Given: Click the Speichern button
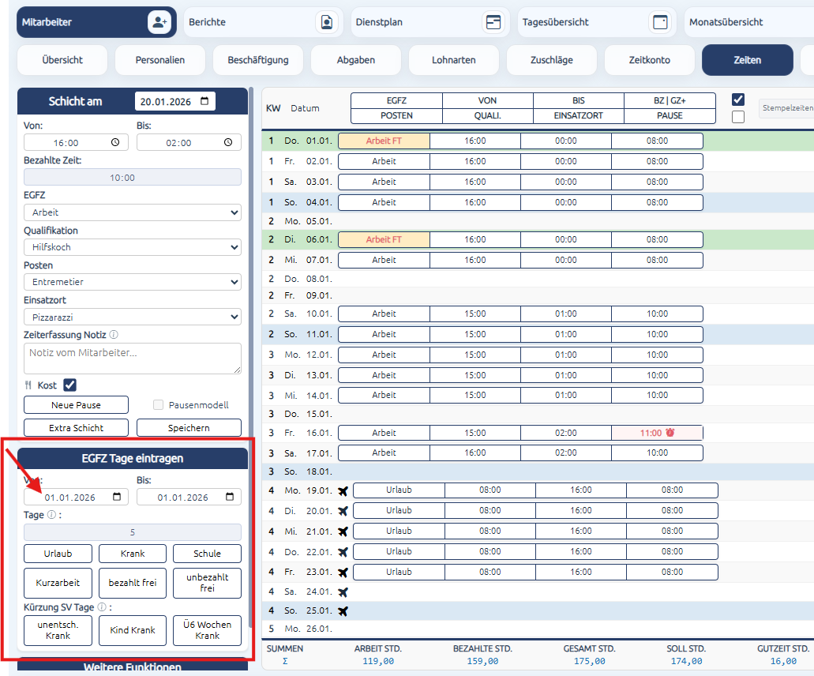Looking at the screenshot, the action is click(x=189, y=428).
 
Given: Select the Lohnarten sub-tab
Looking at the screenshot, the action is click(x=454, y=60).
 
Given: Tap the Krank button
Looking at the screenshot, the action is click(x=133, y=554).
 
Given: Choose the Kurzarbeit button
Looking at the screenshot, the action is click(x=58, y=583).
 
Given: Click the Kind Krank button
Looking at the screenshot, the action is click(x=133, y=630).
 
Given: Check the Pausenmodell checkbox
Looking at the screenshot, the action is click(x=159, y=405).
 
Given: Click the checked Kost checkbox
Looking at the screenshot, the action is click(x=69, y=385).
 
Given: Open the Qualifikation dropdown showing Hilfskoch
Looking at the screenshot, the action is click(x=133, y=247).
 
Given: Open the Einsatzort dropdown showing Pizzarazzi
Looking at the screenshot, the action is click(x=133, y=317).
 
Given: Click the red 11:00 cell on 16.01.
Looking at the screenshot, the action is click(x=657, y=433).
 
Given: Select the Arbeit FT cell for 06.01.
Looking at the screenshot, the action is click(x=384, y=239).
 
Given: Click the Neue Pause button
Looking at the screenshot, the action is click(x=76, y=405).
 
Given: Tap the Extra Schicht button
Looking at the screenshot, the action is click(x=76, y=428).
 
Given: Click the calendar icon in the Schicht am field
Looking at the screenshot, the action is click(x=204, y=101).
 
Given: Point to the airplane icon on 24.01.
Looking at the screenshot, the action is click(x=343, y=591).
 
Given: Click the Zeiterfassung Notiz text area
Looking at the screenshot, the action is click(x=133, y=359).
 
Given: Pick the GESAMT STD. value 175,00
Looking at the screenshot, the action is click(x=589, y=662).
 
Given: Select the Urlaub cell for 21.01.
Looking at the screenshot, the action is click(x=399, y=531).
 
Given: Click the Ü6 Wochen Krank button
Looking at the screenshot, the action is click(x=207, y=630).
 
